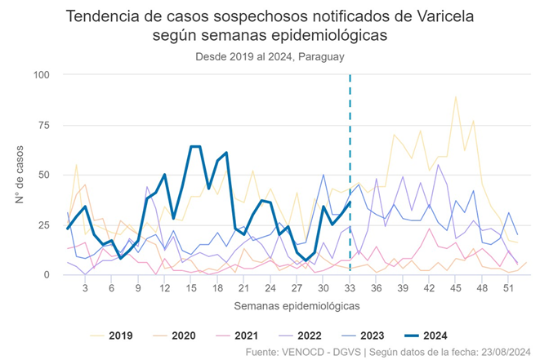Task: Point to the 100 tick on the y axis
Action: (x=41, y=75)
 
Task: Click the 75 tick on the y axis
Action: (x=44, y=125)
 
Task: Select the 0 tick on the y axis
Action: (x=47, y=275)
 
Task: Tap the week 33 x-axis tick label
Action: (x=350, y=288)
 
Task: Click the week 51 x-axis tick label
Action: (x=508, y=288)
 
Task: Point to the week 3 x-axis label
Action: (x=85, y=288)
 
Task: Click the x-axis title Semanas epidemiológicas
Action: (x=297, y=305)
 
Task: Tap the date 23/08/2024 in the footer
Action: (x=505, y=352)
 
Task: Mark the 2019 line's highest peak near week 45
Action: (x=455, y=96)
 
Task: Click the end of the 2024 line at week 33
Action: (x=350, y=202)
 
